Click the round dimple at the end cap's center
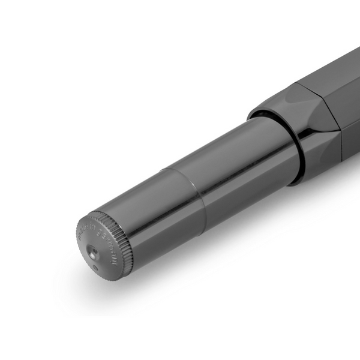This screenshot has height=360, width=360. click(96, 248)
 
